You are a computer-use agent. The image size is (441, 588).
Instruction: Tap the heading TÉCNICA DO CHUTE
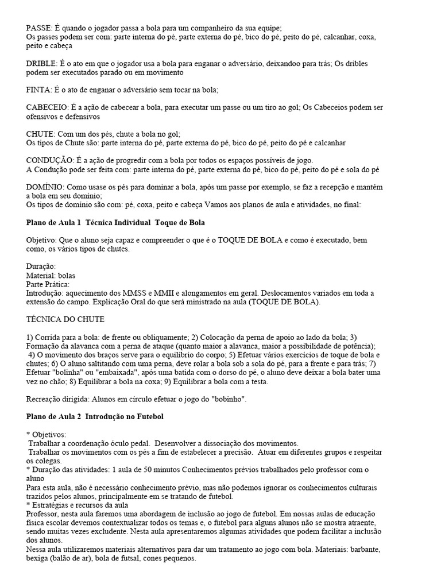click(65, 319)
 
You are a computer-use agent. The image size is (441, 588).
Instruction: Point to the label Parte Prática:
click(48, 284)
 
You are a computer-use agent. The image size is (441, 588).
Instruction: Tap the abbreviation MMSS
click(144, 293)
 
